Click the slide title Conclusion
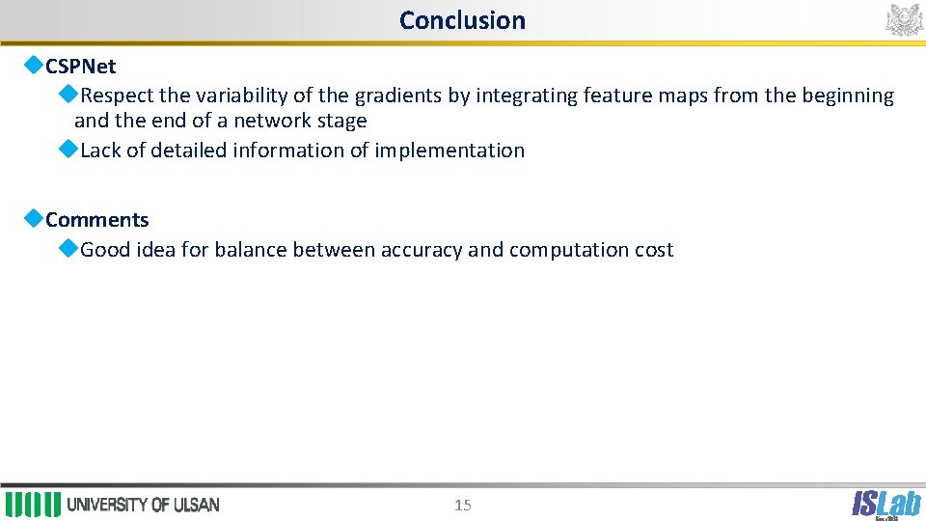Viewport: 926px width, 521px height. coord(462,20)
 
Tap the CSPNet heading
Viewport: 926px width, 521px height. coord(80,67)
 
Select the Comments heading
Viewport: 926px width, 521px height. coord(96,220)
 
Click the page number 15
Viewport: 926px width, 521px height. coord(463,505)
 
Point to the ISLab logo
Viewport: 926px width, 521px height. coord(885,503)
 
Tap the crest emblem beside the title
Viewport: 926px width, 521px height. coord(904,19)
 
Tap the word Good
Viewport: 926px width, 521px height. coord(105,250)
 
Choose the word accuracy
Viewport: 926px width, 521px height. coord(422,250)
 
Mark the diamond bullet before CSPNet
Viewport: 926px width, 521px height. coord(34,66)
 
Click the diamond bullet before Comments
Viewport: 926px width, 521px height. coord(34,219)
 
